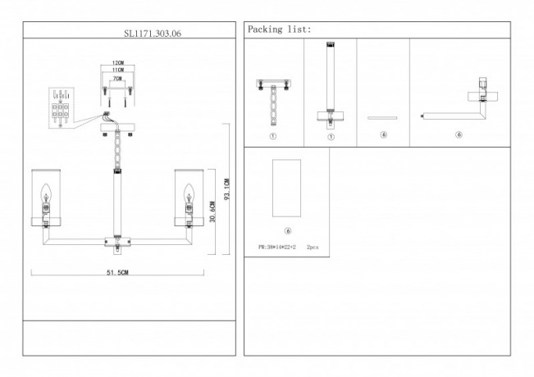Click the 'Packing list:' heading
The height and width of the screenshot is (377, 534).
[279, 29]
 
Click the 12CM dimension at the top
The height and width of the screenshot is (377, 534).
[118, 63]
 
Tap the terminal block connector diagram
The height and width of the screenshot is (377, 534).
[61, 104]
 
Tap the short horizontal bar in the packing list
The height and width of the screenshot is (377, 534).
[383, 118]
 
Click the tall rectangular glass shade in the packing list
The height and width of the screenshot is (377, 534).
[287, 188]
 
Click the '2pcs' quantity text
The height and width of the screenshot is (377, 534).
[313, 246]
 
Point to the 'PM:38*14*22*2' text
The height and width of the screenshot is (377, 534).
[276, 246]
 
